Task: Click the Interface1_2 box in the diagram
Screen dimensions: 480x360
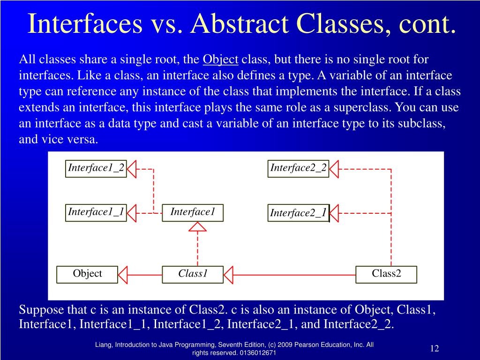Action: coord(96,168)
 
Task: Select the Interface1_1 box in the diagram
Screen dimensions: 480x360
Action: coord(96,212)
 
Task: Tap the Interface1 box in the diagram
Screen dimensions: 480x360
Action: coord(193,212)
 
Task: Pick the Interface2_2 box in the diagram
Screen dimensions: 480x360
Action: coord(299,168)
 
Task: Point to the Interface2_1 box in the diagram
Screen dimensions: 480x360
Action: coord(299,213)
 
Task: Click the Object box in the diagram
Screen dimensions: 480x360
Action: coord(87,274)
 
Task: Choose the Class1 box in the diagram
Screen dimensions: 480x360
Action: coord(193,274)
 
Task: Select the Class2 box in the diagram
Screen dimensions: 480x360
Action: coord(386,274)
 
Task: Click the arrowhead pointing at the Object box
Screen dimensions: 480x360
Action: coord(123,275)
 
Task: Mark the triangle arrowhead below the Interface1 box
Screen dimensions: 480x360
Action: coord(197,227)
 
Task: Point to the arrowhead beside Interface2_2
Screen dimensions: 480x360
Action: coord(333,169)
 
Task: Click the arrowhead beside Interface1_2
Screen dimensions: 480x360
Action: coord(131,169)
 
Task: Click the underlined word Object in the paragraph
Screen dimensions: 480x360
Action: coord(220,60)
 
